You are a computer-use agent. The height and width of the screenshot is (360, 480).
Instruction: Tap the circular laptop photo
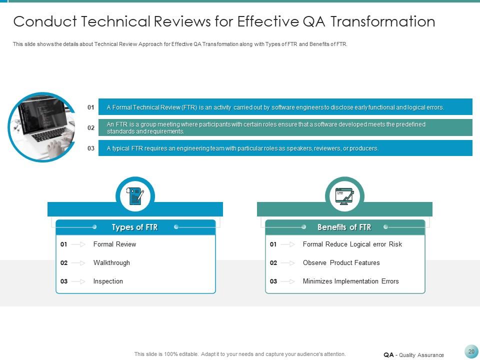42,127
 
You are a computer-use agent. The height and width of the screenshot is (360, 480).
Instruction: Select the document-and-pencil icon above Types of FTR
135,196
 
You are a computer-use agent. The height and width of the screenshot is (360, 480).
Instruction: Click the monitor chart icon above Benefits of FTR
344,196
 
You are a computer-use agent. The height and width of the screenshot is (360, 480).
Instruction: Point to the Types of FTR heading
135,227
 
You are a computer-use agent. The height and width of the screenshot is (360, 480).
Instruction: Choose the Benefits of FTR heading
344,227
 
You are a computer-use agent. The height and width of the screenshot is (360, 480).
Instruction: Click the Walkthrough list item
111,262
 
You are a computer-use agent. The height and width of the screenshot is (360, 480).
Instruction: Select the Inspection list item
108,281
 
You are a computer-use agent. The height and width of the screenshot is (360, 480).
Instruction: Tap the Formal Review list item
114,244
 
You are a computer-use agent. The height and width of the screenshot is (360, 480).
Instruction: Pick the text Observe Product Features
341,262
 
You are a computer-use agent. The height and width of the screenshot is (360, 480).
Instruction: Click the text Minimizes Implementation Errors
350,281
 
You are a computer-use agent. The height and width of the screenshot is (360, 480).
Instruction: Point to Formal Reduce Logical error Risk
352,244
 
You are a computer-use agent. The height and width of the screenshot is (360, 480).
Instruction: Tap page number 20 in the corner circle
471,351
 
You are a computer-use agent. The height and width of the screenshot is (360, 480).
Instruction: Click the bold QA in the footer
388,355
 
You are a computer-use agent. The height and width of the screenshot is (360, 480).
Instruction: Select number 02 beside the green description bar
91,128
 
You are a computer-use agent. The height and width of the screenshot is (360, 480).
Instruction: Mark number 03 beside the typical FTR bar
91,148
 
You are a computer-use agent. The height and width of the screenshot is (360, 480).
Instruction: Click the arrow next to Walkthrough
78,263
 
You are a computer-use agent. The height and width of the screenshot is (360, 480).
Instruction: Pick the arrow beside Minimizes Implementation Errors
288,281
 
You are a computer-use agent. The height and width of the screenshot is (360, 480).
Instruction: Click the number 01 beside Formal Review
64,244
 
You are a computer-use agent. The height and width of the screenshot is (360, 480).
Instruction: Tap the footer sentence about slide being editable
240,354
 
